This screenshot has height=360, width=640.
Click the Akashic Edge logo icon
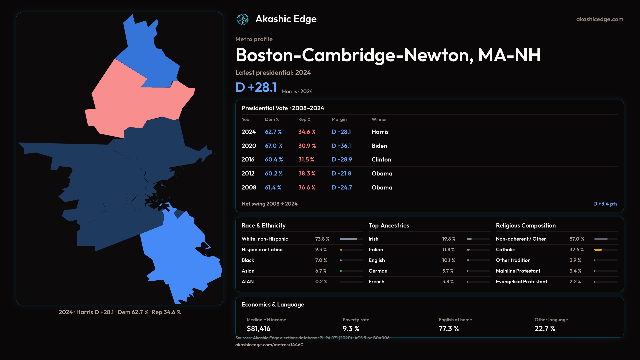(242, 19)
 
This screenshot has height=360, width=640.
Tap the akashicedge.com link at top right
(600, 19)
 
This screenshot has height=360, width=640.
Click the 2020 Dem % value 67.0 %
(273, 146)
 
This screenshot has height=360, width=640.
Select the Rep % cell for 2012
(306, 174)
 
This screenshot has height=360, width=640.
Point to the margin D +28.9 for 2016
(342, 160)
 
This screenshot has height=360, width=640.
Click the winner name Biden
(379, 146)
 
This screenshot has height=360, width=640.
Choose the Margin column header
(339, 119)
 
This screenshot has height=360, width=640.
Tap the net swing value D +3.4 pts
(605, 204)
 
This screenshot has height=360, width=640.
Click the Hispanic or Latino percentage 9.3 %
(321, 250)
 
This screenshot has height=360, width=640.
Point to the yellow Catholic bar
(598, 250)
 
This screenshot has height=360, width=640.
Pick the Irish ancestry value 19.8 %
(449, 239)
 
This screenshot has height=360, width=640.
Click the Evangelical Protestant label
(521, 282)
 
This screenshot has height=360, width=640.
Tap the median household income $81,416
(258, 329)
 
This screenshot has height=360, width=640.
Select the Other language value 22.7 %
(545, 329)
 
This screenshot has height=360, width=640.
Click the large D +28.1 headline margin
(256, 87)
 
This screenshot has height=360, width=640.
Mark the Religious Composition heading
(526, 226)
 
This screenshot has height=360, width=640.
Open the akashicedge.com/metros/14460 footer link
(269, 345)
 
